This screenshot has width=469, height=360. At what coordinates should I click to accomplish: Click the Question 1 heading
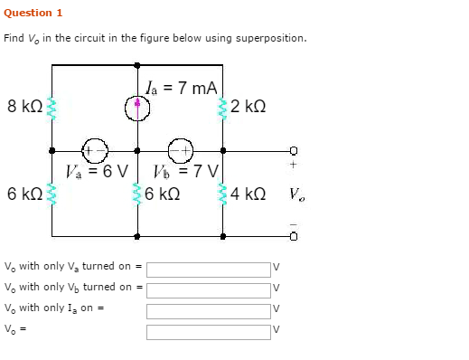pos(33,13)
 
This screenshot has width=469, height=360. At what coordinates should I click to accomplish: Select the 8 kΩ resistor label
pos(24,107)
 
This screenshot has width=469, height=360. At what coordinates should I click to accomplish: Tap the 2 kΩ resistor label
pos(249,107)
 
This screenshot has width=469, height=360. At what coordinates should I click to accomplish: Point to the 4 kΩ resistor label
pos(248,194)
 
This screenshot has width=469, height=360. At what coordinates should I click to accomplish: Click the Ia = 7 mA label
pos(181,88)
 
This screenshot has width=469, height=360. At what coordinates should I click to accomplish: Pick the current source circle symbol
pos(137,109)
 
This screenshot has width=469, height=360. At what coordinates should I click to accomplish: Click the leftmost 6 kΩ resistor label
pos(24,194)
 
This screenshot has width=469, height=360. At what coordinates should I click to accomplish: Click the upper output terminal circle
pos(294,151)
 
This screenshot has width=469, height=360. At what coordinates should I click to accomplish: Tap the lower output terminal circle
pos(294,237)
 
